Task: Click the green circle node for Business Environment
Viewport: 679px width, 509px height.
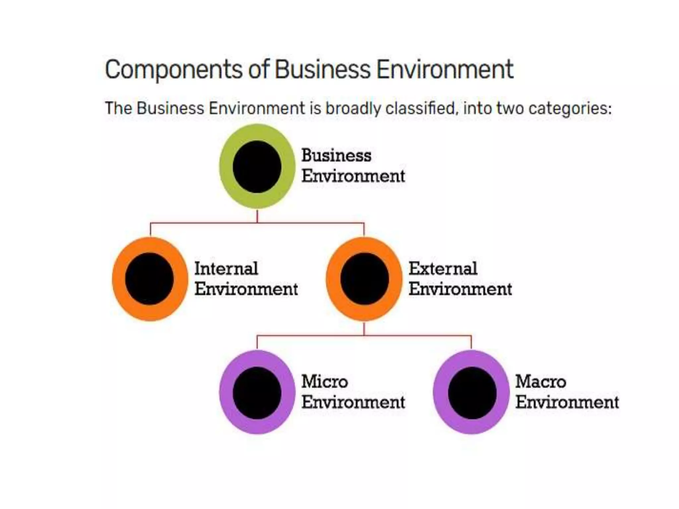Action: point(257,166)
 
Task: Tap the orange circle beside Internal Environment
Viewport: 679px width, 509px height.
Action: point(150,279)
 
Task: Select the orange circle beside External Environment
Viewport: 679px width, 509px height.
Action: point(364,279)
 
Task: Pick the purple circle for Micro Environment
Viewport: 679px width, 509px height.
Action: point(257,392)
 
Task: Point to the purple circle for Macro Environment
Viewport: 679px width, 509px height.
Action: point(471,392)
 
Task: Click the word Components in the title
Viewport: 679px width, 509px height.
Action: point(174,70)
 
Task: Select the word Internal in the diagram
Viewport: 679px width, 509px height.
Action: point(226,268)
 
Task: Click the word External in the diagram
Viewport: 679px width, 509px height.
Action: point(443,268)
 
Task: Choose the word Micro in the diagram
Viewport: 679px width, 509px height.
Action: point(324,382)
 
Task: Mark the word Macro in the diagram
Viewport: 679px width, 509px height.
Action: point(540,382)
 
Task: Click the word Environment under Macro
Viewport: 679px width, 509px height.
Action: point(567,402)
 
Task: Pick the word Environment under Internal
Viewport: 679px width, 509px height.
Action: point(246,289)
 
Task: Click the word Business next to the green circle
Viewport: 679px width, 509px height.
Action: point(336,156)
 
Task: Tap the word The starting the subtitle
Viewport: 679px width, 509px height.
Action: point(118,108)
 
